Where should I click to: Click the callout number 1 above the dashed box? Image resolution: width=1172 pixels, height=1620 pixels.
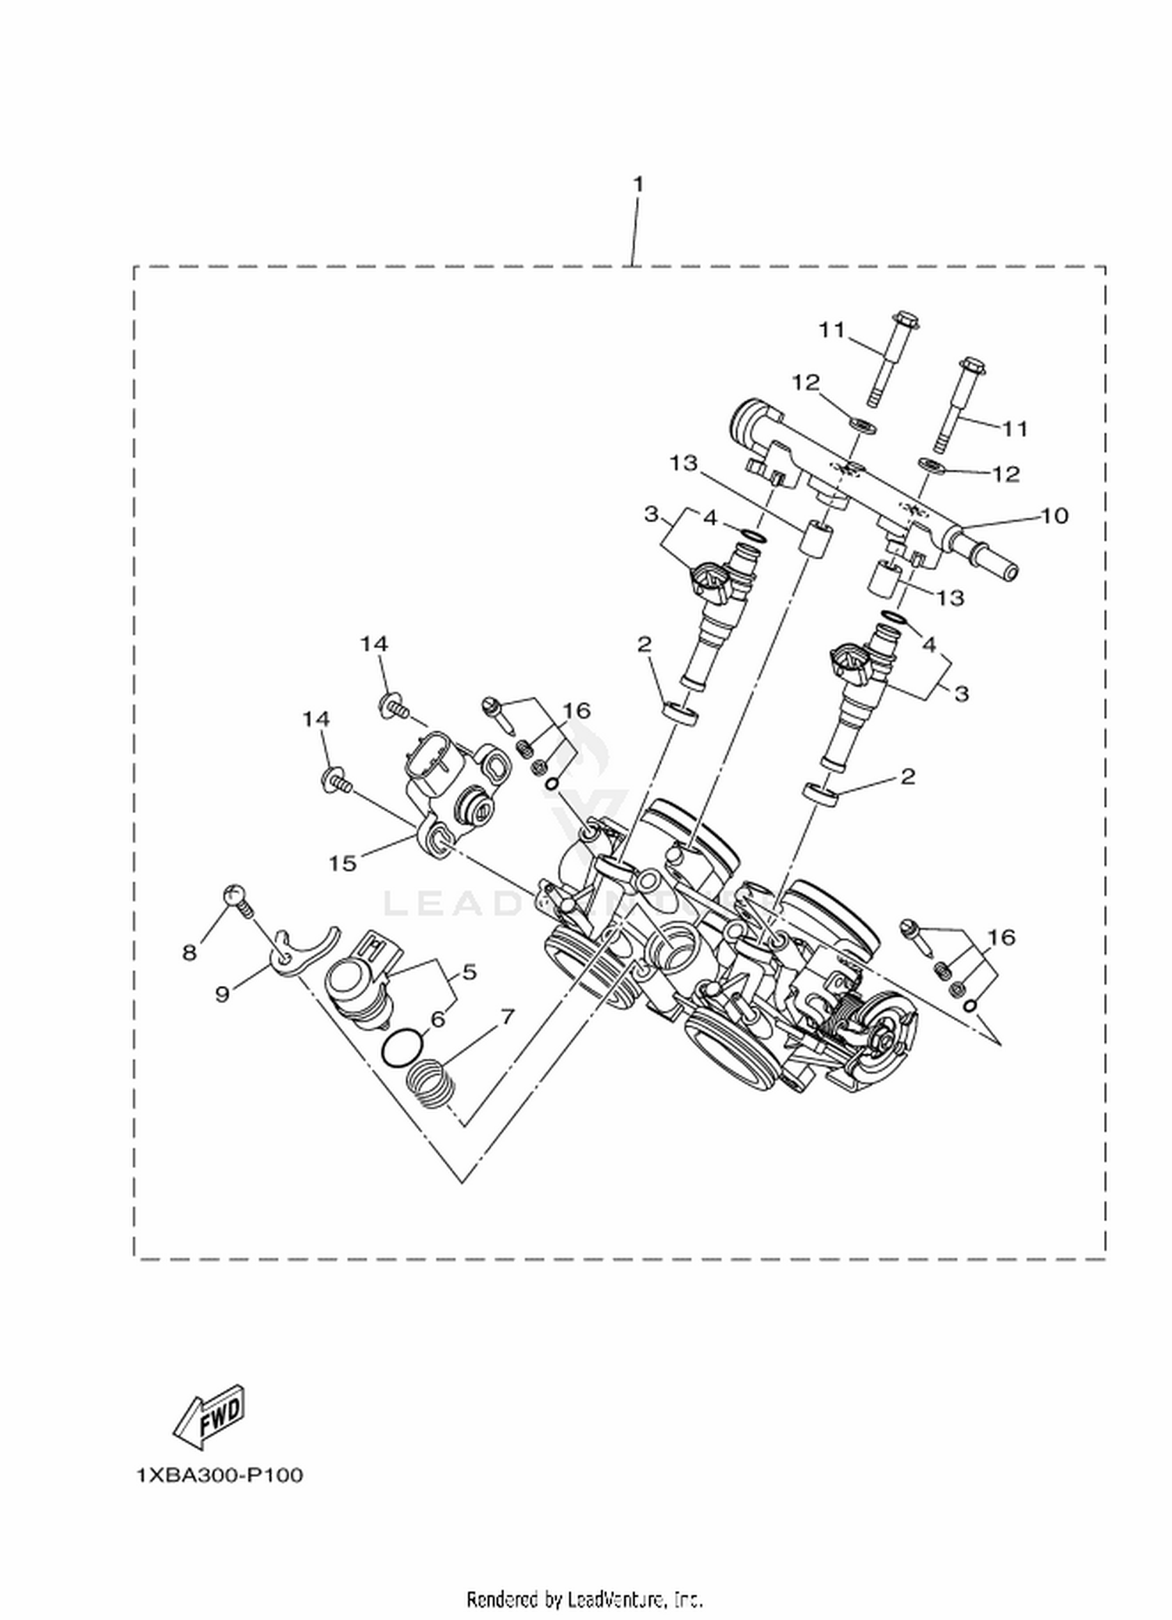point(638,185)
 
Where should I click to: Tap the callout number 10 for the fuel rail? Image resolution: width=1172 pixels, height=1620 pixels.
point(1055,516)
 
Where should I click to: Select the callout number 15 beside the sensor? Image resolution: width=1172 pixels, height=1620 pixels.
point(342,863)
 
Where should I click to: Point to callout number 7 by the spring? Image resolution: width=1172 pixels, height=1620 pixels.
point(507,1016)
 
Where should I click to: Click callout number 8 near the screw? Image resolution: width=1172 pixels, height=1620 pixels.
point(190,953)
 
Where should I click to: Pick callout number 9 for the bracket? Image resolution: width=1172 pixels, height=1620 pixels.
point(223,994)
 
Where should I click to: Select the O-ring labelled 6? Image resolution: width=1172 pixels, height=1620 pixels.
point(404,1047)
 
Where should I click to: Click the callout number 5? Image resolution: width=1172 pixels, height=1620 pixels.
point(469,972)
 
